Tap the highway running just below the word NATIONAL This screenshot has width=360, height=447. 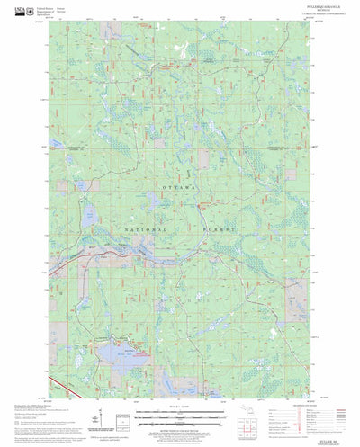pyautogui.click(x=135, y=241)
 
